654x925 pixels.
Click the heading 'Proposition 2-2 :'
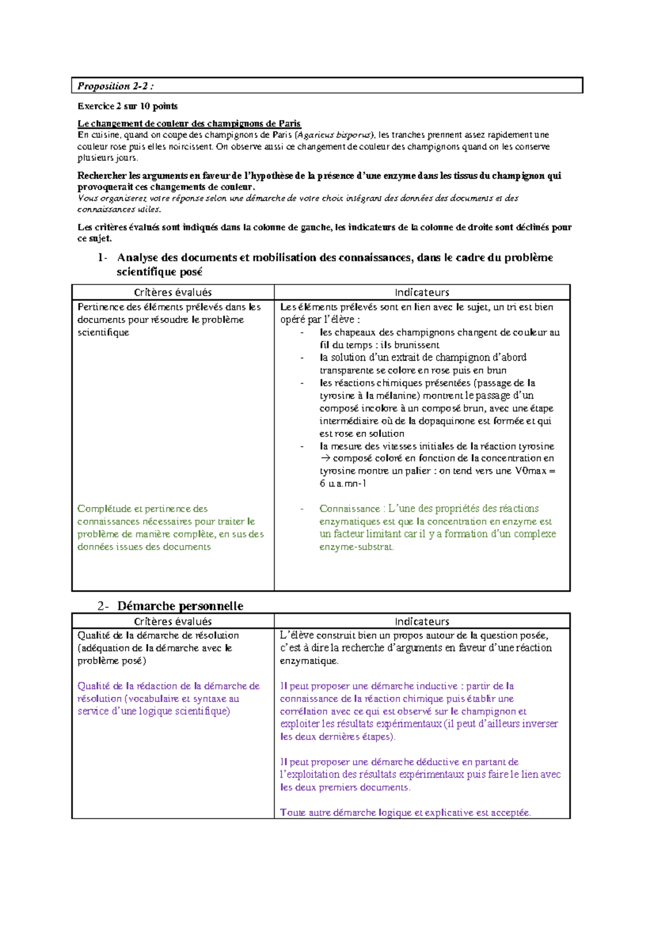[115, 86]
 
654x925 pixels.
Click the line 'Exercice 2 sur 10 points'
[127, 106]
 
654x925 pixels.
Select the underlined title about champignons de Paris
[189, 124]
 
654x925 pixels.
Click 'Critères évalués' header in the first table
[173, 293]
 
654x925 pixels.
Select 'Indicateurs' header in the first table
[422, 293]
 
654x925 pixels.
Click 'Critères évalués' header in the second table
[173, 622]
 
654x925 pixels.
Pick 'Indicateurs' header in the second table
[422, 622]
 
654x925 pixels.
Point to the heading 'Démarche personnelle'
[180, 606]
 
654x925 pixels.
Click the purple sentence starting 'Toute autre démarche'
[405, 813]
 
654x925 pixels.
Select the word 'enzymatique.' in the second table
[309, 661]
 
